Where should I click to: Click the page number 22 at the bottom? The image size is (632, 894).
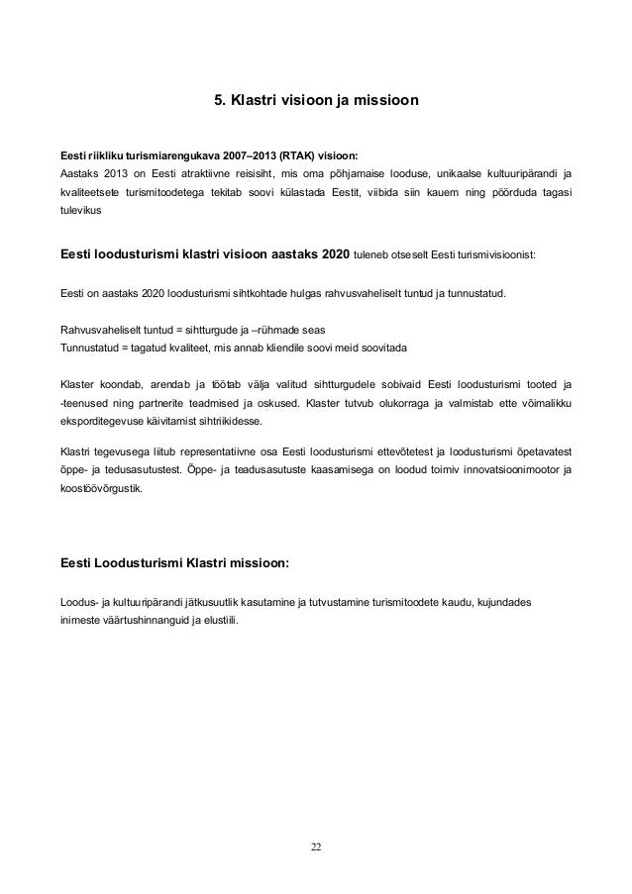[315, 847]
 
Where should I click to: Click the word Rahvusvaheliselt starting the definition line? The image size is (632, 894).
[103, 330]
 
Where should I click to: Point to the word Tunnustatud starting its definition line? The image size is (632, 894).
[92, 348]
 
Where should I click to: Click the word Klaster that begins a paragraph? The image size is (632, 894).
[79, 382]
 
